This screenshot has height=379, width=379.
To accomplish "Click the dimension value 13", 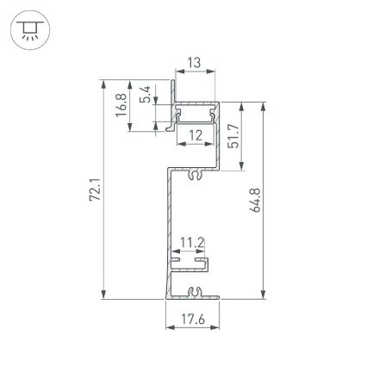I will (x=194, y=63).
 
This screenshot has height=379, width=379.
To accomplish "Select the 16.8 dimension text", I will (x=122, y=105).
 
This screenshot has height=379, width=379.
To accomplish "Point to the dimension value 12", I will (x=196, y=135).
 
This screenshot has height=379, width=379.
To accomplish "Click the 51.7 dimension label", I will (x=233, y=135).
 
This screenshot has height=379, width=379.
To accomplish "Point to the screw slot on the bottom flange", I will (x=196, y=292).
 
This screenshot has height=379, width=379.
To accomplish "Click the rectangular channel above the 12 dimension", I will (x=196, y=111).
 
